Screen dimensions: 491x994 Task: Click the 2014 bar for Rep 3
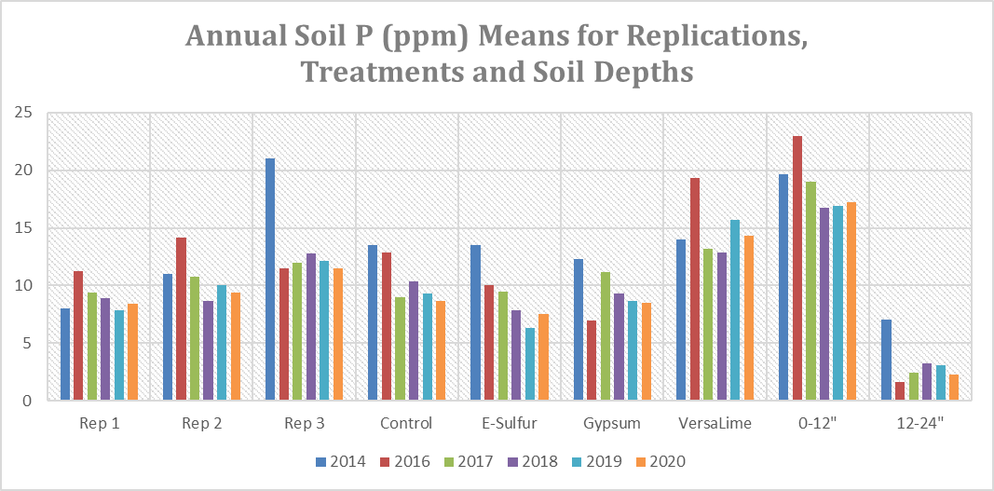[270, 280]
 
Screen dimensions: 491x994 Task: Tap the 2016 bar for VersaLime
[695, 289]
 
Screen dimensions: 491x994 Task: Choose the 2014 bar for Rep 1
[65, 355]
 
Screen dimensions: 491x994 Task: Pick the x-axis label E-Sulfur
[509, 424]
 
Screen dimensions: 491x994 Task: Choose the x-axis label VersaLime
[715, 424]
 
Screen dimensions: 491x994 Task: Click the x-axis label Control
[406, 424]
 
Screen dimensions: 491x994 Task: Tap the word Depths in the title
[639, 72]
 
